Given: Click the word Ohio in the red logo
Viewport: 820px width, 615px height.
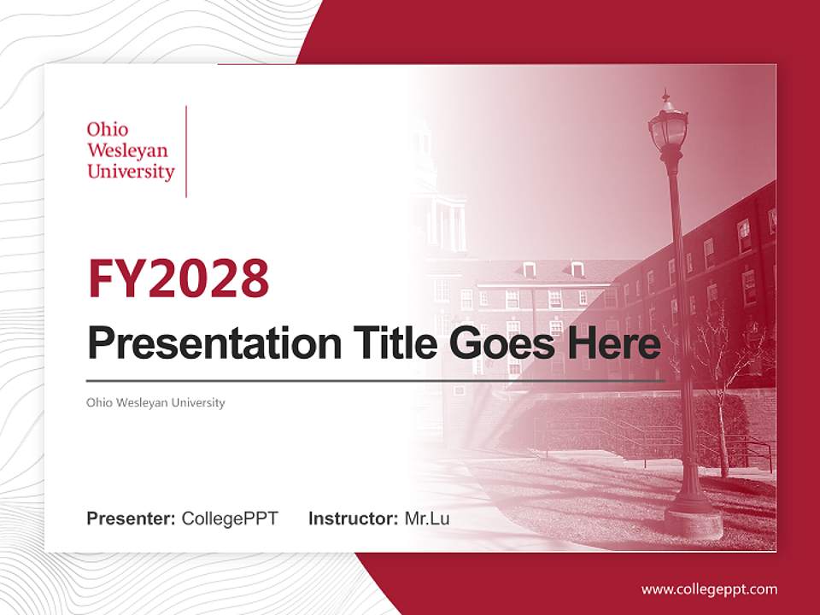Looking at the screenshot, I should [x=108, y=130].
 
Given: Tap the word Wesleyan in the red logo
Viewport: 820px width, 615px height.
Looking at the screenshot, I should [x=127, y=151].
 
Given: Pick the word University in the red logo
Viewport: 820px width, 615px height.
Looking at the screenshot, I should [x=131, y=172].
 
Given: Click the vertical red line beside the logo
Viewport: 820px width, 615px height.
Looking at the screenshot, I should [x=186, y=151].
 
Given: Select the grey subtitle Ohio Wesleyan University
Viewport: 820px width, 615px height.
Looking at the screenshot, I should [x=155, y=402].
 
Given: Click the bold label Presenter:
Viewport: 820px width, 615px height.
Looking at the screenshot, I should [x=131, y=518].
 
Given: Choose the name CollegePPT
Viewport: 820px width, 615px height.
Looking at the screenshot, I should [x=230, y=518].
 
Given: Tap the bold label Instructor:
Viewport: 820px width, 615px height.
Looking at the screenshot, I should [x=353, y=518].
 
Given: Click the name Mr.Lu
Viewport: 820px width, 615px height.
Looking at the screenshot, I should [x=426, y=518].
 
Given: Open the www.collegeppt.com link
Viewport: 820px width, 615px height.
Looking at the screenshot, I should [x=709, y=589].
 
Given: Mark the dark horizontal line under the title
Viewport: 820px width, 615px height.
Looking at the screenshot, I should [x=376, y=380].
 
